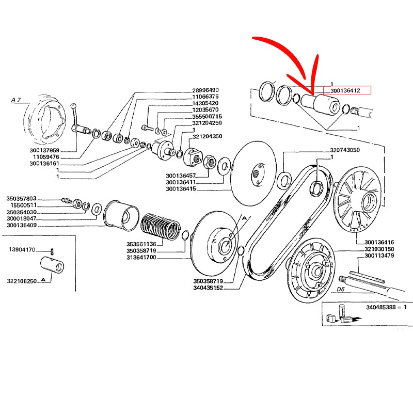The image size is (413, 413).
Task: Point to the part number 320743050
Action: click(352, 150)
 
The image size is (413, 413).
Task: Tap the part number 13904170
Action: click(22, 250)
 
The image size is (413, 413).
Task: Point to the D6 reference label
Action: click(340, 290)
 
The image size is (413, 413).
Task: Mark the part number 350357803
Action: click(22, 198)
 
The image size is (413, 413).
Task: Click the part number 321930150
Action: click(379, 249)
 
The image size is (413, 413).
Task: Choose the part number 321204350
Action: click(207, 137)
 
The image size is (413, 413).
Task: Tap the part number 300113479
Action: click(379, 256)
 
